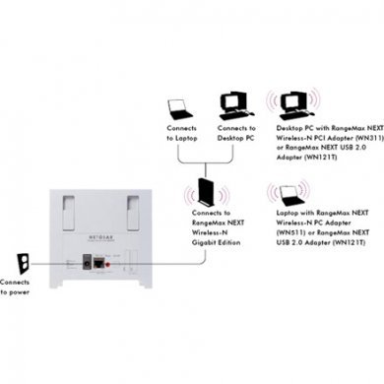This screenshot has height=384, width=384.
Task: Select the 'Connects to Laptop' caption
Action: pos(181,134)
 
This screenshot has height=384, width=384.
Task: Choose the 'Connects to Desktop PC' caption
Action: pos(235,134)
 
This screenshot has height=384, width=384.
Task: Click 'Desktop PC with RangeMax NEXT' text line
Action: pos(319,129)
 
